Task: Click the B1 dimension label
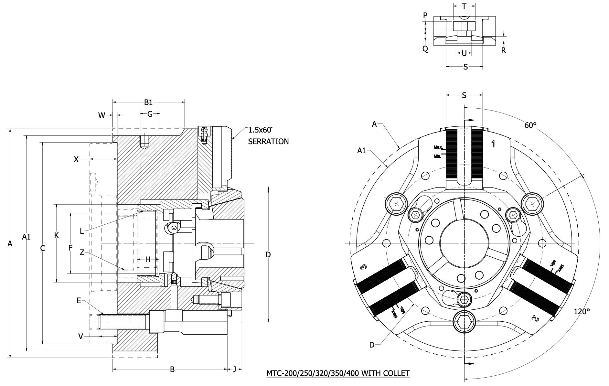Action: click(148, 102)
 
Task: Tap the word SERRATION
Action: click(268, 141)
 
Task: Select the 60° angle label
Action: click(530, 125)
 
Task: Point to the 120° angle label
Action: click(582, 311)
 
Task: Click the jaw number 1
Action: click(493, 144)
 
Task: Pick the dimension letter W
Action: click(102, 115)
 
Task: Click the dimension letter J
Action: click(235, 369)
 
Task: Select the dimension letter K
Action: click(57, 235)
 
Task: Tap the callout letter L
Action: click(82, 231)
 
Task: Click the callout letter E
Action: click(79, 301)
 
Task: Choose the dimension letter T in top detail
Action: click(464, 6)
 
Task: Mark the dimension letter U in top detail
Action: click(464, 53)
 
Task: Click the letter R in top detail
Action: click(503, 50)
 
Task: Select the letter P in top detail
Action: click(425, 15)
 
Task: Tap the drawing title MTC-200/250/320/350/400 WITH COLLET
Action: click(338, 373)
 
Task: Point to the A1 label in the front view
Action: click(361, 150)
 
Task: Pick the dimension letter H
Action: click(148, 259)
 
